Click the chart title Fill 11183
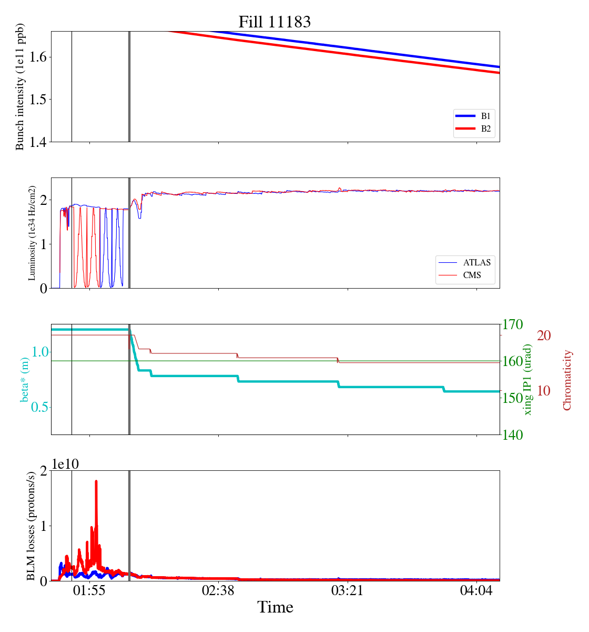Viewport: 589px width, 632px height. click(275, 22)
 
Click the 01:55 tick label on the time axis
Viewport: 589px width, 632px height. click(89, 591)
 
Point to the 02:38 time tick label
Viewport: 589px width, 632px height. click(218, 591)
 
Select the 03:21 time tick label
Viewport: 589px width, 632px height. click(347, 591)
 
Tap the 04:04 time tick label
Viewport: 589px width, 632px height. click(476, 591)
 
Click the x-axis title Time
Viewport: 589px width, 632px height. click(275, 607)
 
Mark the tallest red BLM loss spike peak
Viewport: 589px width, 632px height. click(96, 481)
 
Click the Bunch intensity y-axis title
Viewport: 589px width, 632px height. click(20, 86)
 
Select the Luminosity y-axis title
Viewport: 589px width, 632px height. click(32, 233)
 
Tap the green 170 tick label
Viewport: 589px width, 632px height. click(513, 324)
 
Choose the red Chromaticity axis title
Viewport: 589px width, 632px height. click(567, 379)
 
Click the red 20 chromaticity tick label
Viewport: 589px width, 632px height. click(544, 335)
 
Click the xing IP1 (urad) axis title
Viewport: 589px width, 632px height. click(528, 379)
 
